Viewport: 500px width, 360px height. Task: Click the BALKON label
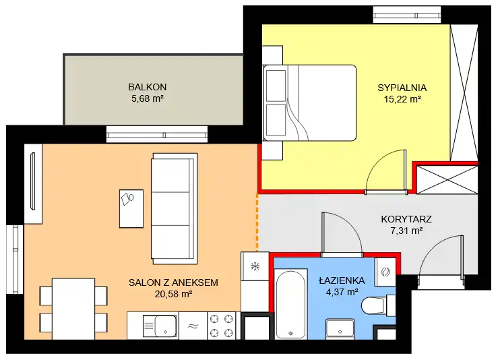148,87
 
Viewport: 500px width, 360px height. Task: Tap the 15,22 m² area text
402,99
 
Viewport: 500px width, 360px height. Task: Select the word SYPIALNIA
402,88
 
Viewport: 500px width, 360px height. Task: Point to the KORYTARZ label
406,219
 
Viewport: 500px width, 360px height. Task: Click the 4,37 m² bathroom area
342,291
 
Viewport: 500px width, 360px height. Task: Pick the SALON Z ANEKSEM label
173,282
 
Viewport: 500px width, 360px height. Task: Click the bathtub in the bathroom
290,304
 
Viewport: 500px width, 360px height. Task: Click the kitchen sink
160,326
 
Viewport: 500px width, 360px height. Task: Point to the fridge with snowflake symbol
255,266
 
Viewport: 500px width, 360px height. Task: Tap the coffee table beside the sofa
131,209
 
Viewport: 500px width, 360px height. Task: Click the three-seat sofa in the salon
174,209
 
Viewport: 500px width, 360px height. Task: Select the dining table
73,309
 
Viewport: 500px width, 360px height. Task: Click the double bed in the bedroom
309,102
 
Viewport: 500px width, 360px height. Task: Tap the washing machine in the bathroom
385,272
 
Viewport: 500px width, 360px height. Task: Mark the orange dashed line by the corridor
257,222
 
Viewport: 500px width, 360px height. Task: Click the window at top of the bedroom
407,15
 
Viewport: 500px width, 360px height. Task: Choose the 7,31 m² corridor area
406,231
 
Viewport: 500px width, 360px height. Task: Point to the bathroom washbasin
340,329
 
